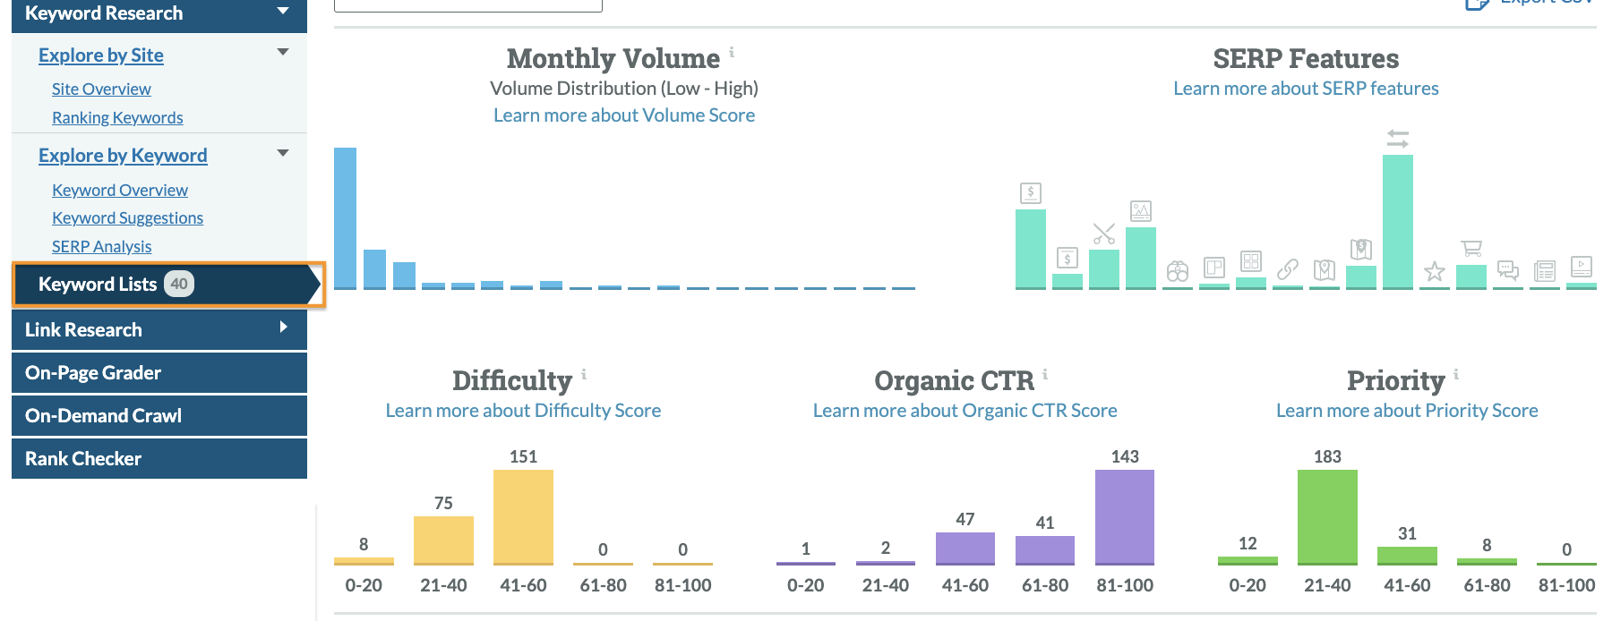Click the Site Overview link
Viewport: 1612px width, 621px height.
(101, 89)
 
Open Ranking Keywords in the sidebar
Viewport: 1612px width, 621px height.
(117, 118)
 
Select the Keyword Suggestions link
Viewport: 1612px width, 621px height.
(127, 218)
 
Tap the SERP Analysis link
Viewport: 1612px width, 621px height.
(101, 247)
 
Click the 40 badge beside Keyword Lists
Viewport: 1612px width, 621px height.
(179, 284)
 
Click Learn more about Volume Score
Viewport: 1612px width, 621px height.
(623, 115)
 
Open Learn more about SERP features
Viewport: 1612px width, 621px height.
(1306, 89)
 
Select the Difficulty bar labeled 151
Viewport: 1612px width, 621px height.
(523, 516)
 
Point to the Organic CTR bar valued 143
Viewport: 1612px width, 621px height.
(1125, 516)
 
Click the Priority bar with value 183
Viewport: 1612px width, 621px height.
(1327, 516)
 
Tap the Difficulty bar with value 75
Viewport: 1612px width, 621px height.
(443, 540)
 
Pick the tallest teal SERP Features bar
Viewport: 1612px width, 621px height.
(1397, 221)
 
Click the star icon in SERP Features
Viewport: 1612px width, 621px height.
(1435, 271)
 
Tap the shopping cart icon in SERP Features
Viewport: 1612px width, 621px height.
(1471, 248)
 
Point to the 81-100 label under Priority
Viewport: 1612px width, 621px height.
(1566, 585)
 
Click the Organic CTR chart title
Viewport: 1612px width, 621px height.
(954, 380)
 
